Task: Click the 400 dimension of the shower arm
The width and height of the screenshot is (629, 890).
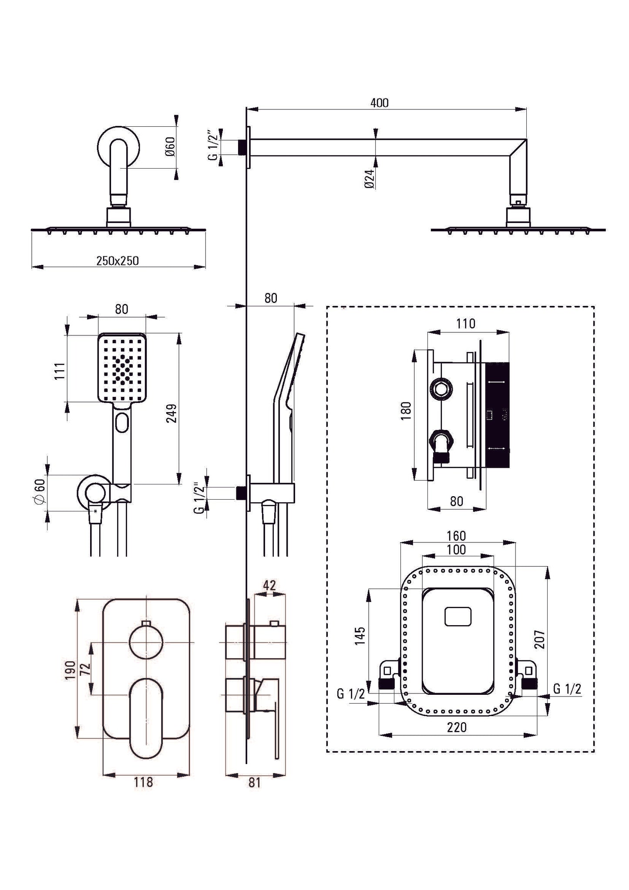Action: pos(379,103)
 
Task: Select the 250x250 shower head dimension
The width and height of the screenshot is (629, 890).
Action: pos(118,261)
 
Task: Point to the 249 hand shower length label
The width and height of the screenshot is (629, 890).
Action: pos(172,413)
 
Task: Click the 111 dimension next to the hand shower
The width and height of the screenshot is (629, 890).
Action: pos(60,370)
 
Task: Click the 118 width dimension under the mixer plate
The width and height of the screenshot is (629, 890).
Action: pos(143,794)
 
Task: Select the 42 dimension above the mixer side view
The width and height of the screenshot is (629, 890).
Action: pos(269,585)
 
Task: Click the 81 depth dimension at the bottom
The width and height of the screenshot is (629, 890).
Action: pos(254,795)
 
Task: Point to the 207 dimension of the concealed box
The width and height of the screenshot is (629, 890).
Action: pos(540,639)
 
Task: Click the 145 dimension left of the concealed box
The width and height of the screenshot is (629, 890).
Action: pos(360,636)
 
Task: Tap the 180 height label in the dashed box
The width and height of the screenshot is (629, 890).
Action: pos(405,411)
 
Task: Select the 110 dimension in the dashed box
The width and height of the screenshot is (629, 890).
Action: pos(466,324)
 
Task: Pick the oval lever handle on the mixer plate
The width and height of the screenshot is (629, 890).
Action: pos(146,706)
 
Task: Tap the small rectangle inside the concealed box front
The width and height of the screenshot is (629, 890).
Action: pos(458,617)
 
